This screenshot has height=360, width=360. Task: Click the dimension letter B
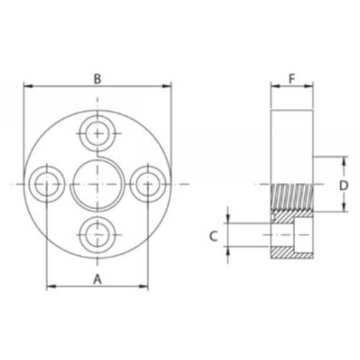[98, 79]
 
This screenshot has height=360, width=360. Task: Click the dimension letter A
[98, 279]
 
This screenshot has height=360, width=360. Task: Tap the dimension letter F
[292, 79]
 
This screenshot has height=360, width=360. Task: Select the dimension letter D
[344, 186]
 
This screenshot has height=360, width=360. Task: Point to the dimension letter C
[213, 236]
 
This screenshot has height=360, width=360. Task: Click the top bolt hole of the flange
[98, 133]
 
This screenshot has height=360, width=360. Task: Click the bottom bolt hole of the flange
[98, 235]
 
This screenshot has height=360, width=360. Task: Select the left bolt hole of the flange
[46, 184]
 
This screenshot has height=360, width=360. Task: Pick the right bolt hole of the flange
[148, 184]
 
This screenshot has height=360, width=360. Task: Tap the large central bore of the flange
[98, 185]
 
